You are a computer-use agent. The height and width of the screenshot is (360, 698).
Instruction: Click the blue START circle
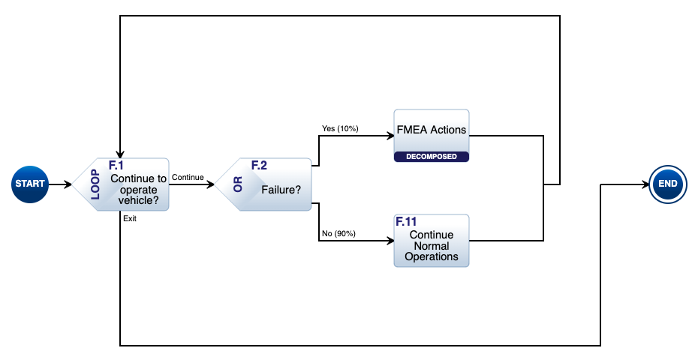[30, 184]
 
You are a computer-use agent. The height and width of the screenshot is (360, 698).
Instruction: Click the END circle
[667, 184]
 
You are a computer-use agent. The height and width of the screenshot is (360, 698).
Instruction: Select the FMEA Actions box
[432, 130]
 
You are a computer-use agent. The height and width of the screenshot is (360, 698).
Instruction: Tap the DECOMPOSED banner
[432, 157]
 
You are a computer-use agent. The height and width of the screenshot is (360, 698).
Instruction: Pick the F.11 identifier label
[406, 222]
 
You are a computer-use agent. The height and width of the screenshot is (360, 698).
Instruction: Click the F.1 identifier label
[116, 164]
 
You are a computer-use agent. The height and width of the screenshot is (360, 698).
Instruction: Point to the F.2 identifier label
[259, 165]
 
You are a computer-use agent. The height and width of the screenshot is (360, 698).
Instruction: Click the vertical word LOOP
[95, 184]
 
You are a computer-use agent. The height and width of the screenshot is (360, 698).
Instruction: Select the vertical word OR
[238, 184]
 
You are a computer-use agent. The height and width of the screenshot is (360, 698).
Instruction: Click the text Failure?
[281, 190]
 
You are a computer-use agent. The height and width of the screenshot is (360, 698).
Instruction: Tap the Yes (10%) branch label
[340, 128]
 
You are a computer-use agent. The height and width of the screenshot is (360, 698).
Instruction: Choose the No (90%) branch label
[338, 233]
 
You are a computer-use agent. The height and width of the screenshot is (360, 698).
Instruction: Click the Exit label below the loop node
[129, 219]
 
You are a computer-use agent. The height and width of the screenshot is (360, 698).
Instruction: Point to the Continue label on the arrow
[188, 178]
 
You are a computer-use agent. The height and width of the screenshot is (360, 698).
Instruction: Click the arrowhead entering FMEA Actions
[390, 136]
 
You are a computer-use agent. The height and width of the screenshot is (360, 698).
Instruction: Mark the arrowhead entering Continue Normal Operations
[390, 241]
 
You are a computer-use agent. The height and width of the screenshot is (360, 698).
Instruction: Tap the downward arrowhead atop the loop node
[120, 154]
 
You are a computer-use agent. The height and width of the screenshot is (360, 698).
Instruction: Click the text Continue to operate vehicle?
[138, 190]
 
